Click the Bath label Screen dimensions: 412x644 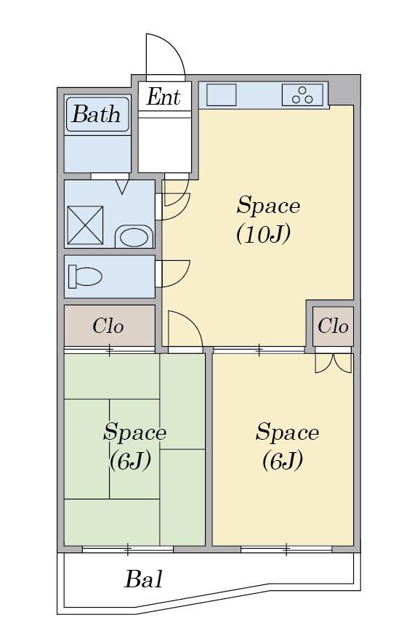pyautogui.click(x=97, y=114)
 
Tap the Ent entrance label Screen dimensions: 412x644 pyautogui.click(x=163, y=97)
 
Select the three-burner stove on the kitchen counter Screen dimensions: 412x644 pyautogui.click(x=302, y=95)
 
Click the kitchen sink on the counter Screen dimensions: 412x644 pyautogui.click(x=221, y=95)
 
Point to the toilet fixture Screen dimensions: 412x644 pyautogui.click(x=85, y=276)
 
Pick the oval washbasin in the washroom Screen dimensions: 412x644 pyautogui.click(x=134, y=236)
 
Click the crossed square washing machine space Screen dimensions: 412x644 pyautogui.click(x=85, y=225)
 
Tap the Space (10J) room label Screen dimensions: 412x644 pyautogui.click(x=268, y=220)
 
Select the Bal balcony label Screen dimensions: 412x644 pyautogui.click(x=144, y=579)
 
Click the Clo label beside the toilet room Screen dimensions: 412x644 pyautogui.click(x=108, y=326)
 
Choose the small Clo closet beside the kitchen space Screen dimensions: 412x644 pyautogui.click(x=333, y=326)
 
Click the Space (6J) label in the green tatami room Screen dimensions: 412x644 pyautogui.click(x=134, y=446)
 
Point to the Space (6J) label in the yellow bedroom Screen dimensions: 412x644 pyautogui.click(x=287, y=446)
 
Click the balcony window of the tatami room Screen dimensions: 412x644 pyautogui.click(x=128, y=549)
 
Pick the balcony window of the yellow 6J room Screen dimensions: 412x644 pyautogui.click(x=286, y=549)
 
